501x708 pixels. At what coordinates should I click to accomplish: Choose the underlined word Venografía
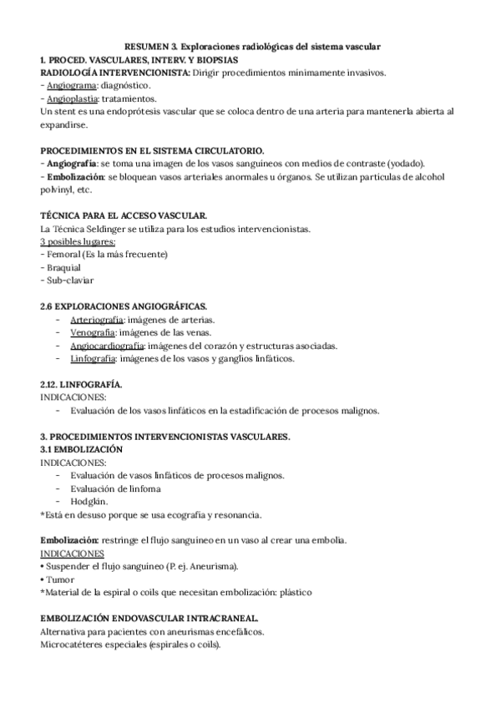click(x=93, y=333)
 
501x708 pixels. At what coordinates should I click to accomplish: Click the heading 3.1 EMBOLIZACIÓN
click(x=82, y=449)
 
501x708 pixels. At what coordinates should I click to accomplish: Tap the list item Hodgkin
click(x=89, y=501)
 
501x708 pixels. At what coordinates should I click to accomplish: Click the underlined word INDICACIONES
click(x=72, y=554)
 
